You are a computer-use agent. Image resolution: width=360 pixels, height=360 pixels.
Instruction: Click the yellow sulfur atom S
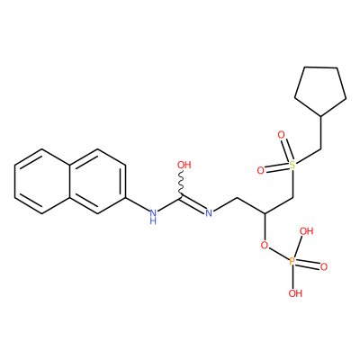pos(292,165)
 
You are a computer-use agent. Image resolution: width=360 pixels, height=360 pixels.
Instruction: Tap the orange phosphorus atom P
pos(292,262)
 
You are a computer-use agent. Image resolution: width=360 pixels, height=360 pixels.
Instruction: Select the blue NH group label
pos(153,217)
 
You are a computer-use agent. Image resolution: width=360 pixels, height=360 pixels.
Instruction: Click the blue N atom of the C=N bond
pos(209,213)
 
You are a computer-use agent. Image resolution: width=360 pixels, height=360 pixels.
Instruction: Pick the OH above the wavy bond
pos(184,165)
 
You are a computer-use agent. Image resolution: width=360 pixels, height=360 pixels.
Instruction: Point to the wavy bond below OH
pos(181,184)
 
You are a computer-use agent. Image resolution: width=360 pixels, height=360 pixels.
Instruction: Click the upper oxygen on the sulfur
pos(281,135)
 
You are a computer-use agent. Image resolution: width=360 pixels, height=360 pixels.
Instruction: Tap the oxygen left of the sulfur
pos(260,170)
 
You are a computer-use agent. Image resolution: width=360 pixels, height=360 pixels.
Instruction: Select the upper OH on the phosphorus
pos(307,231)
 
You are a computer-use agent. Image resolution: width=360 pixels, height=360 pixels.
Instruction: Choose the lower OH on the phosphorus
pos(295,293)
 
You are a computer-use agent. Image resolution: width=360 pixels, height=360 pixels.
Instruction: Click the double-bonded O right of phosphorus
pos(323,267)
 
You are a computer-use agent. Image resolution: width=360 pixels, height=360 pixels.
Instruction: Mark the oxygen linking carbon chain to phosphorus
pos(265,246)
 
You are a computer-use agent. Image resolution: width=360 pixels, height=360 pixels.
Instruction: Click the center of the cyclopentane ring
pos(320,89)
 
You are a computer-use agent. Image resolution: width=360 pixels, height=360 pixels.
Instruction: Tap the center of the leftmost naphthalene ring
pos(42,181)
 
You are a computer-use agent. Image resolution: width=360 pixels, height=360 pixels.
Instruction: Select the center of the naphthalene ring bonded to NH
pos(97,181)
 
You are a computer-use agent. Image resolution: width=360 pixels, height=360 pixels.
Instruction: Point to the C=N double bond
pos(193,205)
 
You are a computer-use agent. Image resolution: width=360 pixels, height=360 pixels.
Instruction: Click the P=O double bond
pos(308,265)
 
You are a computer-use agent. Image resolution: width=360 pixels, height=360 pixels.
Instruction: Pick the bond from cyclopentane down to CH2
pos(320,132)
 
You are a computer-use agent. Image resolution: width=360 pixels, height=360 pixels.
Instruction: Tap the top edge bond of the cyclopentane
pos(320,67)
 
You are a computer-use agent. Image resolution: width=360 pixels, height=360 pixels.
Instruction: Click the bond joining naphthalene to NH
pos(137,204)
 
